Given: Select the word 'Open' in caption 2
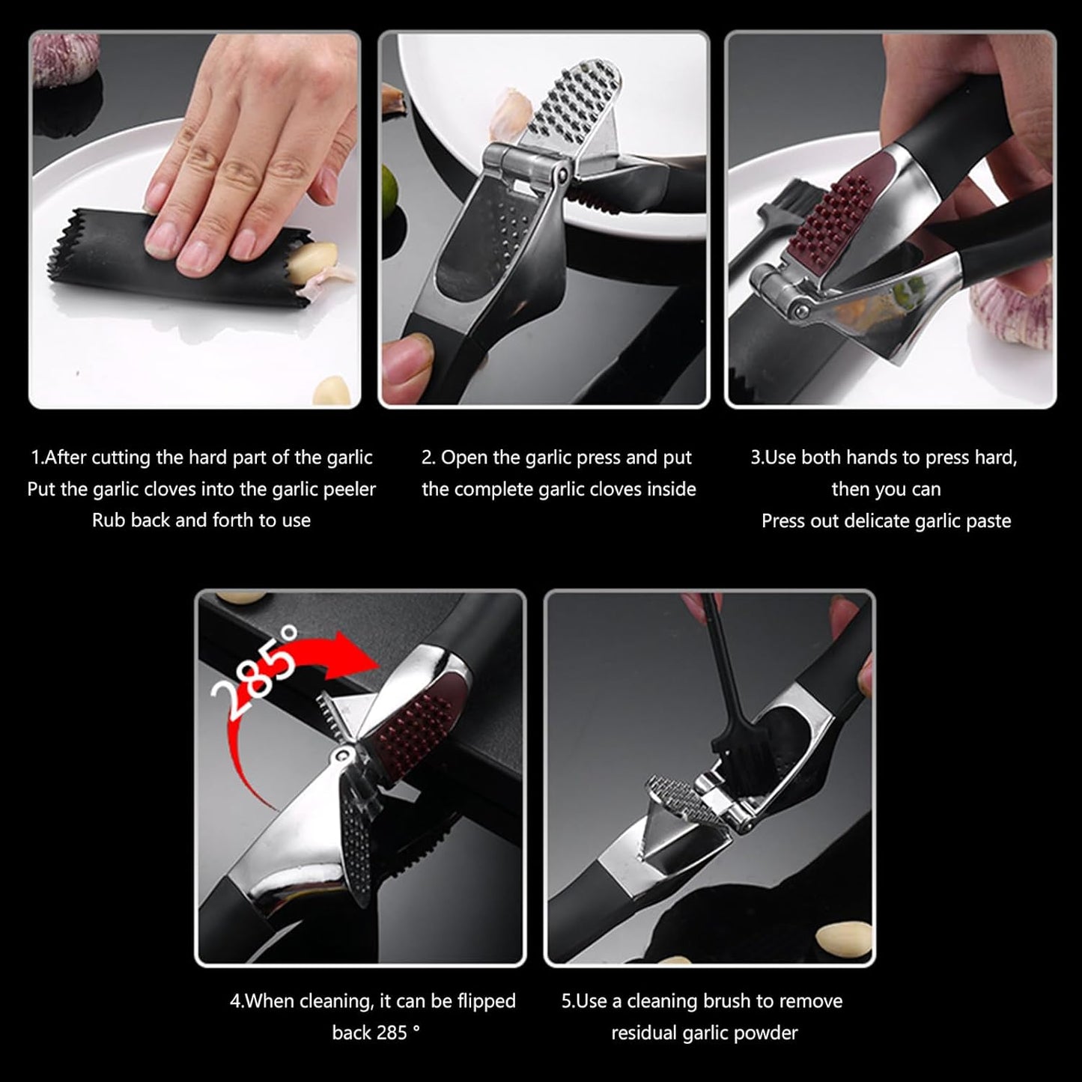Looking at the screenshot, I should click(x=465, y=458).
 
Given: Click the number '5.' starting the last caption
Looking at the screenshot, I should click(x=568, y=1001).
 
